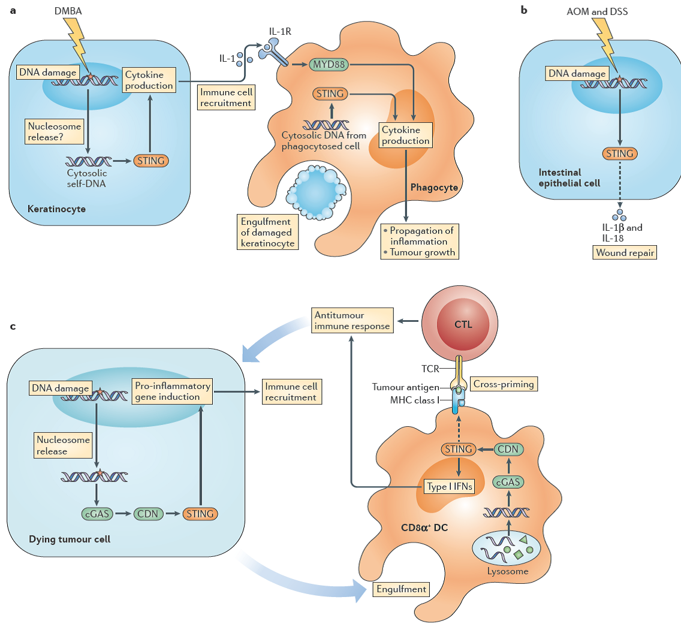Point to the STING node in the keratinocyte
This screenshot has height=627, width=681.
[150, 160]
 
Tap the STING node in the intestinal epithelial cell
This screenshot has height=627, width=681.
[620, 153]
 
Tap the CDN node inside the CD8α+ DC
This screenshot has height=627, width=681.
[508, 448]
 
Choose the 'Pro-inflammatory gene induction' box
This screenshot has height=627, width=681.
[171, 391]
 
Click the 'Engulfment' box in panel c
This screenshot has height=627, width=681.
[401, 589]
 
